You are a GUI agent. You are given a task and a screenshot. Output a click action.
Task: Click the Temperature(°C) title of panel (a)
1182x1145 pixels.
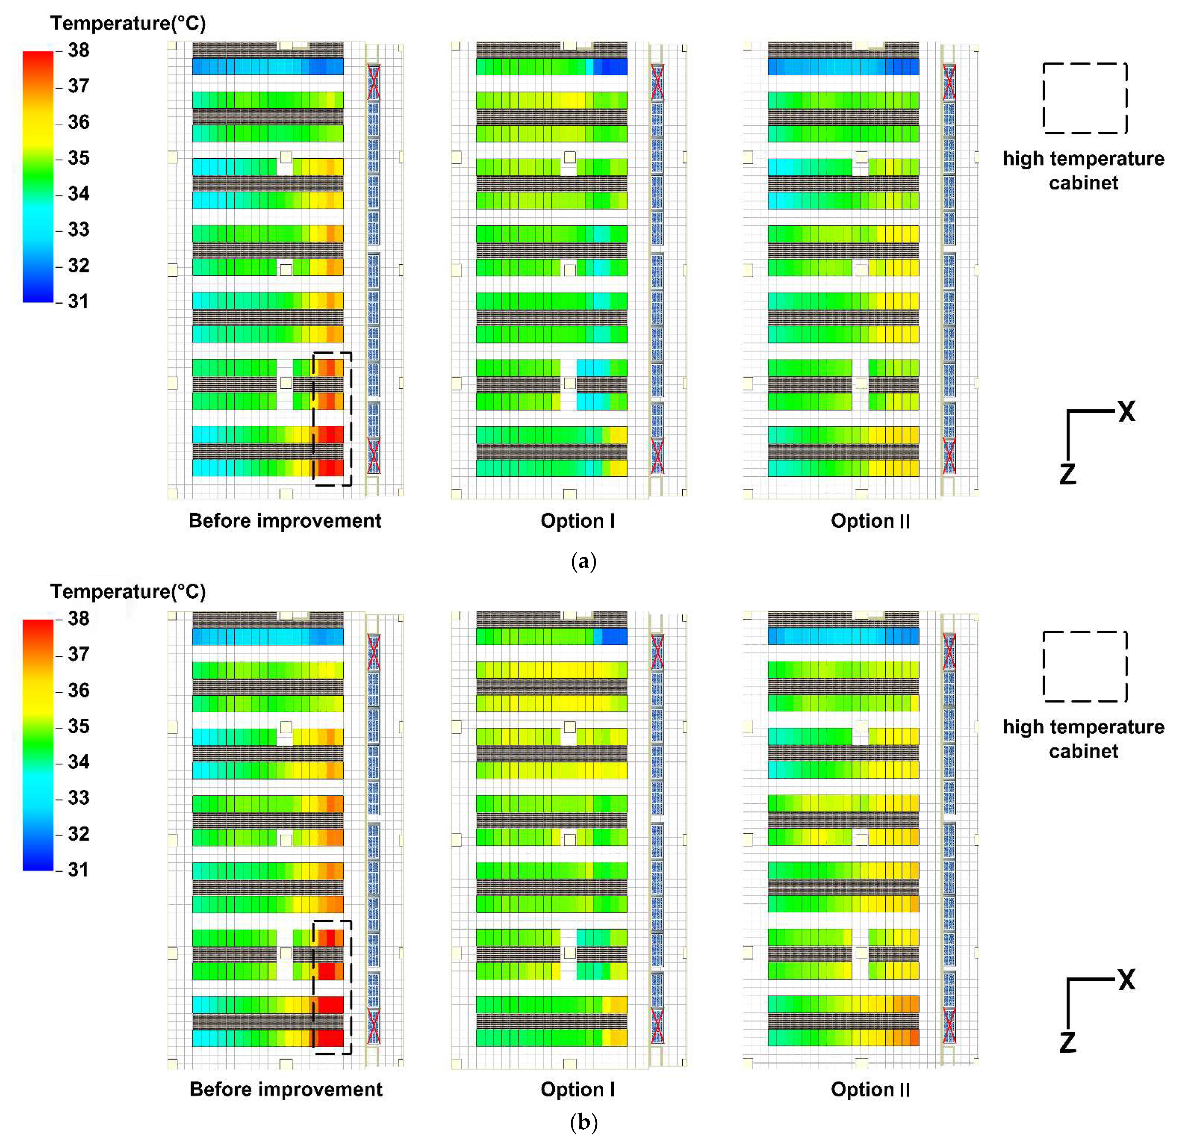click(128, 23)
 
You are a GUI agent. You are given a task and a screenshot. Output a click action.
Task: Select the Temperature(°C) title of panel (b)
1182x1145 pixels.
click(128, 592)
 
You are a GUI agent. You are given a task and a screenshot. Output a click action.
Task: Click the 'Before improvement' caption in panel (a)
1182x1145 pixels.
click(285, 520)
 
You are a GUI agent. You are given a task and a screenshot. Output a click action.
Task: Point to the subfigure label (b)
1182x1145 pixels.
click(583, 1122)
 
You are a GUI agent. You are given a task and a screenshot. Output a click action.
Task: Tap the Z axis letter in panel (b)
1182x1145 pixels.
click(1067, 1042)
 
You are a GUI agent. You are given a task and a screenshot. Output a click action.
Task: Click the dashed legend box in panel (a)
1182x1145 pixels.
click(1085, 98)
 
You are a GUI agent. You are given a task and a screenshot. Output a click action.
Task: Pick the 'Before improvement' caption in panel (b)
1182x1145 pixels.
click(286, 1089)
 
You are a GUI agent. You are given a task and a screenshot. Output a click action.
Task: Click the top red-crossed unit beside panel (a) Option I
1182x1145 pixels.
click(657, 82)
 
